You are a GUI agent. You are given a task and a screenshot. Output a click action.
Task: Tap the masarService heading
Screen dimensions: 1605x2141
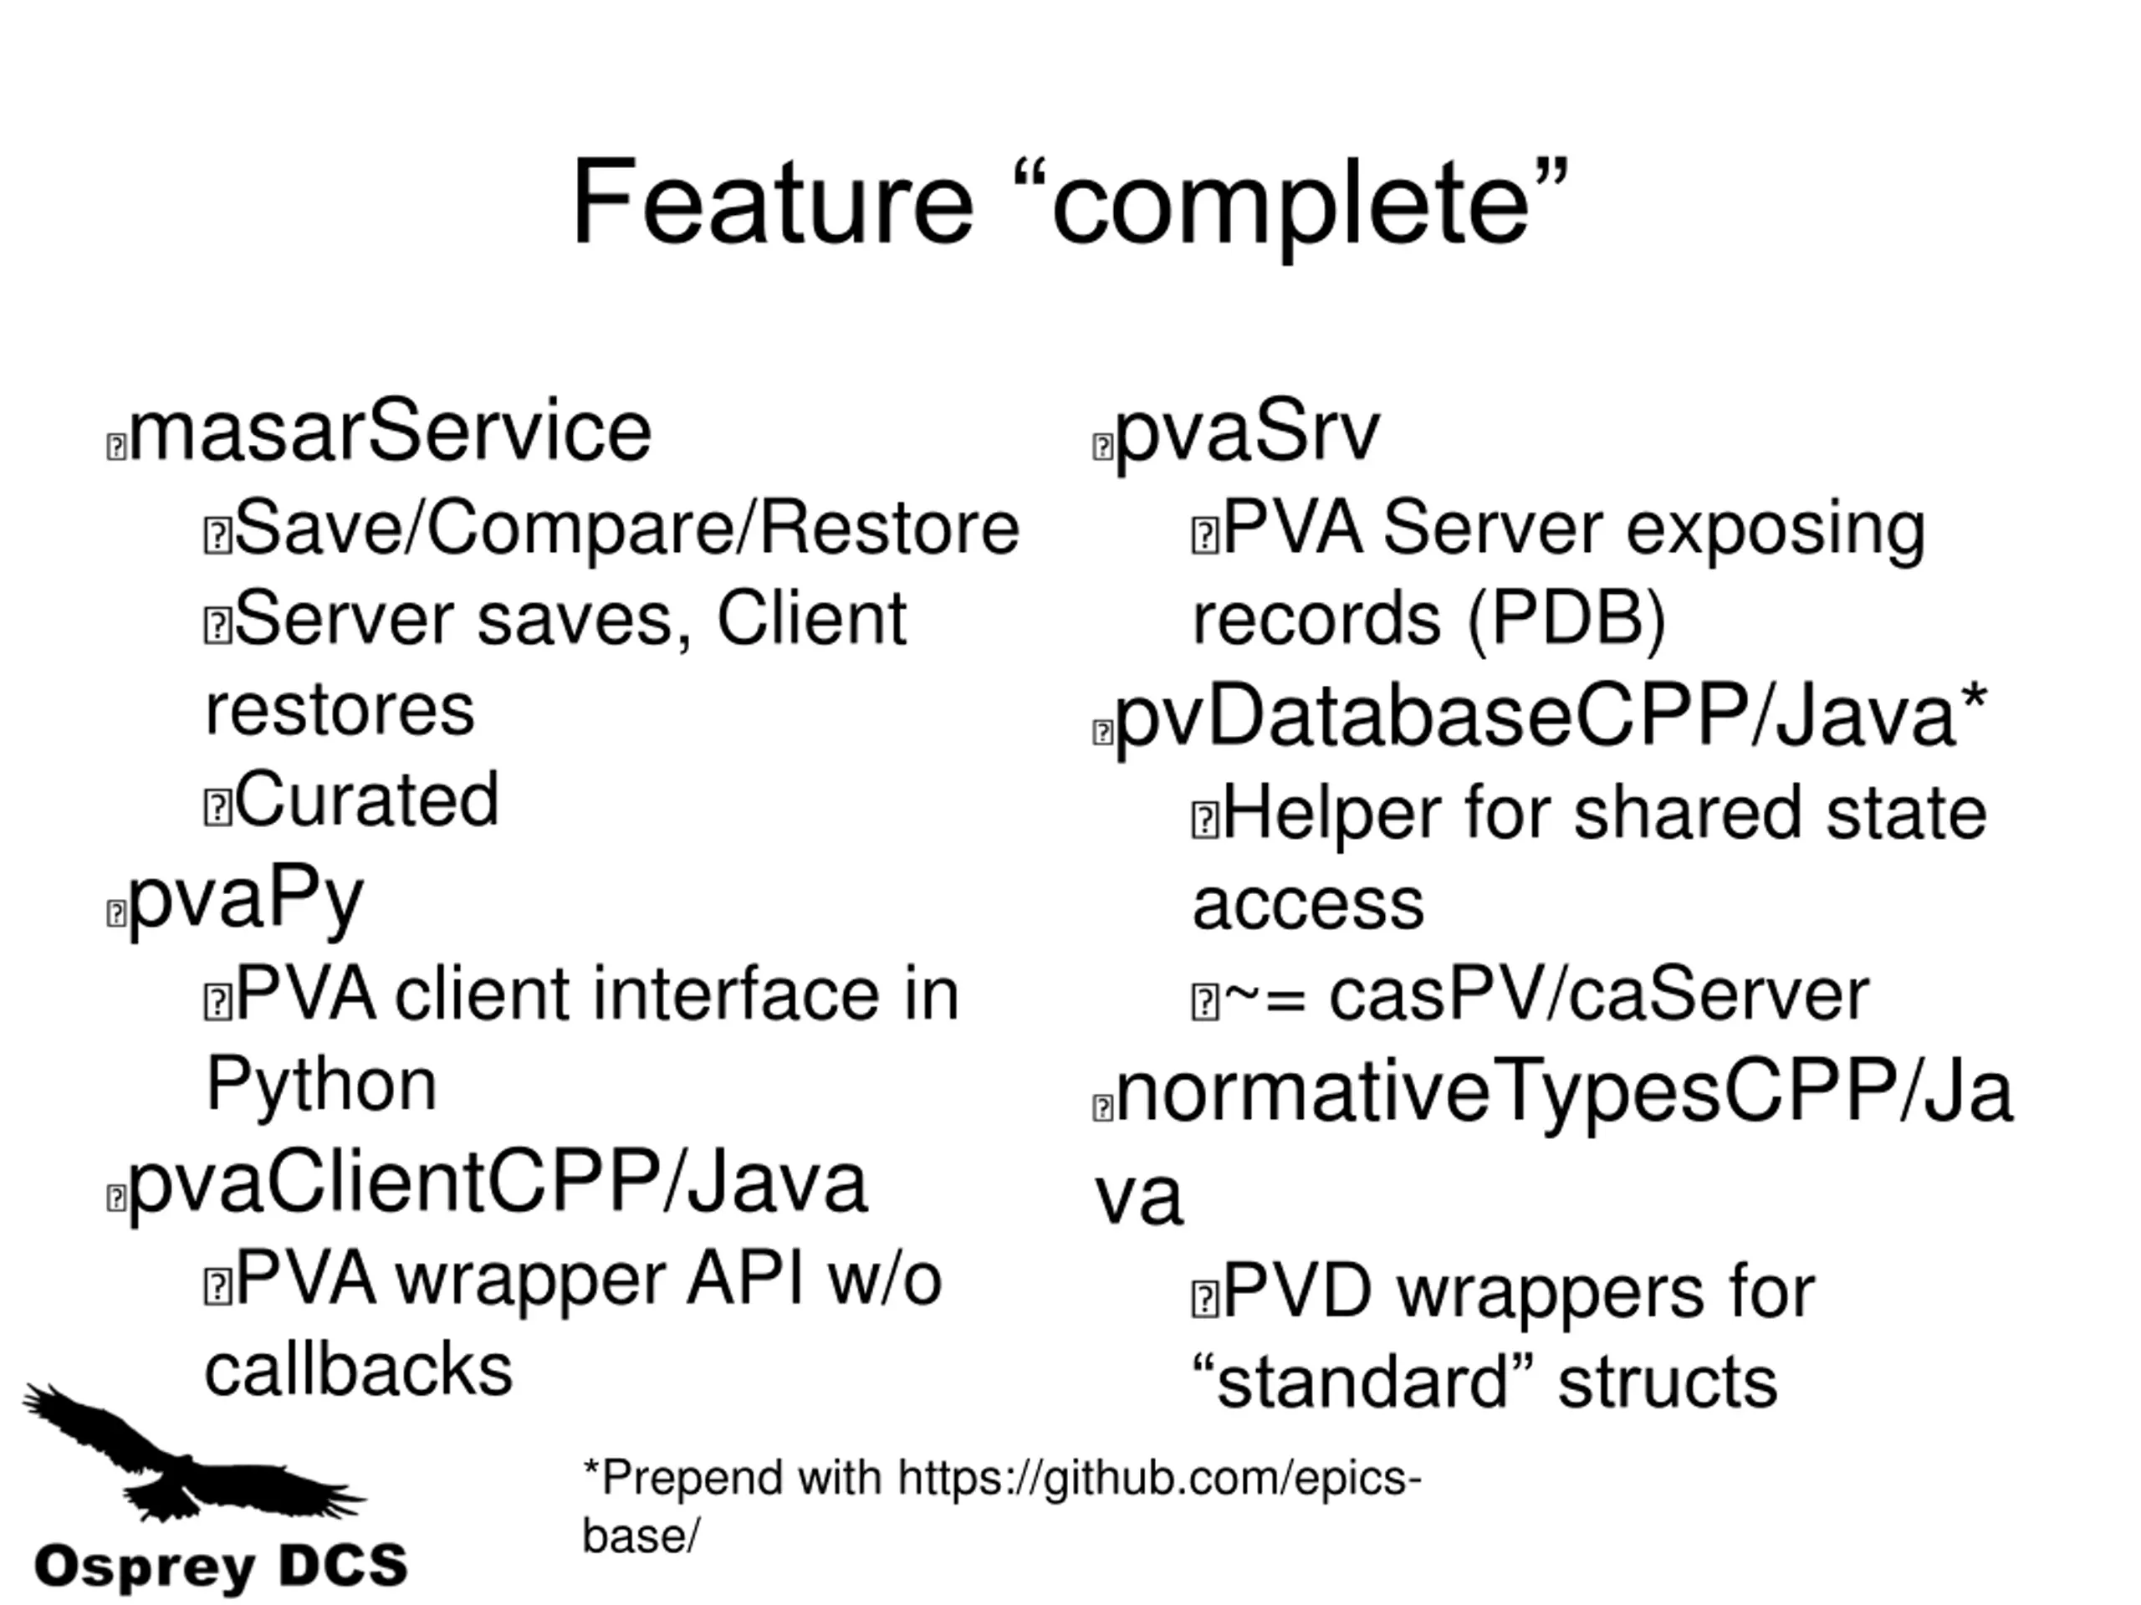click(x=389, y=432)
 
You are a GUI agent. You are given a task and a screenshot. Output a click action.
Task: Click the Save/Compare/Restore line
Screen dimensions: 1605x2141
click(x=626, y=529)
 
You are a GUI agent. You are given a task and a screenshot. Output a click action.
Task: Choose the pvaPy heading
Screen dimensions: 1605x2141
click(x=246, y=900)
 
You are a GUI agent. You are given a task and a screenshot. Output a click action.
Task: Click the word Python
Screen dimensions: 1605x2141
click(x=321, y=1085)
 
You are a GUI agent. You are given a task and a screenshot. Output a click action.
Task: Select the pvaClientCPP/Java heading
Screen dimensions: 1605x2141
click(x=498, y=1185)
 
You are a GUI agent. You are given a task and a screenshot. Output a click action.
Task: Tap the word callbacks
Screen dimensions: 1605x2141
click(x=358, y=1371)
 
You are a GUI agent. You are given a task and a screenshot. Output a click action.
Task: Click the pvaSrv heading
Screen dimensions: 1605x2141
click(x=1248, y=432)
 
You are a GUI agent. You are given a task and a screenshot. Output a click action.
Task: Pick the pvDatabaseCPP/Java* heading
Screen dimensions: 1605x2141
click(x=1551, y=718)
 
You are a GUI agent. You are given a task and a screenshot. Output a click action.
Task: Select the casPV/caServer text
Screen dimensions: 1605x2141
click(x=1598, y=997)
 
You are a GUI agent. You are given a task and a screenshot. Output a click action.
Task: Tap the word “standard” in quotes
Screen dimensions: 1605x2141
click(x=1349, y=1383)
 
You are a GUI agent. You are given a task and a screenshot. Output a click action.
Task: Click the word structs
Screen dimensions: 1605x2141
click(x=1668, y=1383)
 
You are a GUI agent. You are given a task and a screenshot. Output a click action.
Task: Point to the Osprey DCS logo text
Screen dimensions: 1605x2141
click(x=222, y=1567)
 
